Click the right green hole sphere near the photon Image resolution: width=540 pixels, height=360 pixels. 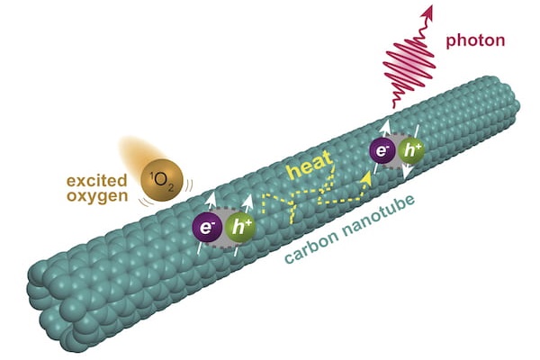click(413, 152)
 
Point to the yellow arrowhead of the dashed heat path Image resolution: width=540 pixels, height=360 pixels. click(367, 180)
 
